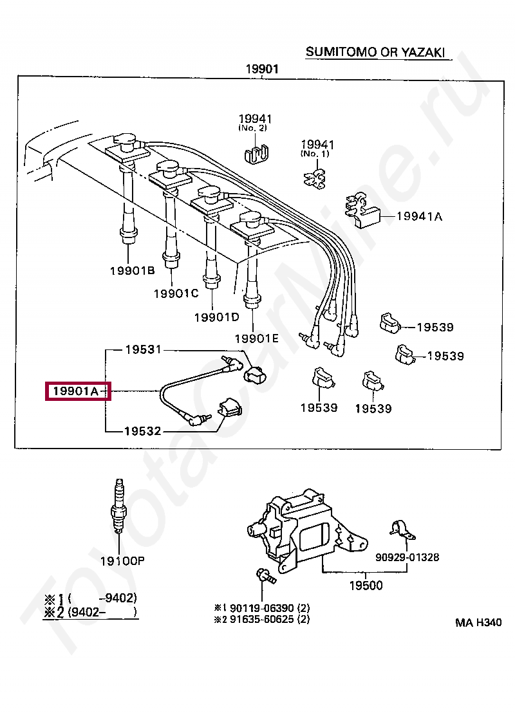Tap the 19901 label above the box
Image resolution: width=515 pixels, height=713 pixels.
261,69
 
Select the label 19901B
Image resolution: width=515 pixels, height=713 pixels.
132,271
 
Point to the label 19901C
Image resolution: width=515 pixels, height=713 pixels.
176,293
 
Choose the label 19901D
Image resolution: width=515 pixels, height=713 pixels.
216,317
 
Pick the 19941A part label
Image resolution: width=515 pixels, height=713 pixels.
419,217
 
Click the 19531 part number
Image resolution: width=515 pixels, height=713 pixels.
143,349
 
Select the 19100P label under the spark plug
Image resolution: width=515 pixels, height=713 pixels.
122,561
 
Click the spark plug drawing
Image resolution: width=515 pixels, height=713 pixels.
118,508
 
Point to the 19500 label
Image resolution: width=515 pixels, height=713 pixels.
366,586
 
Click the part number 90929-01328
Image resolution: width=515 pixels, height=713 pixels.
408,557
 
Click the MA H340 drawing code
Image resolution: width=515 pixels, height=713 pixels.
478,622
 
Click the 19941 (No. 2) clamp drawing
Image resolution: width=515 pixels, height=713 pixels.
256,153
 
